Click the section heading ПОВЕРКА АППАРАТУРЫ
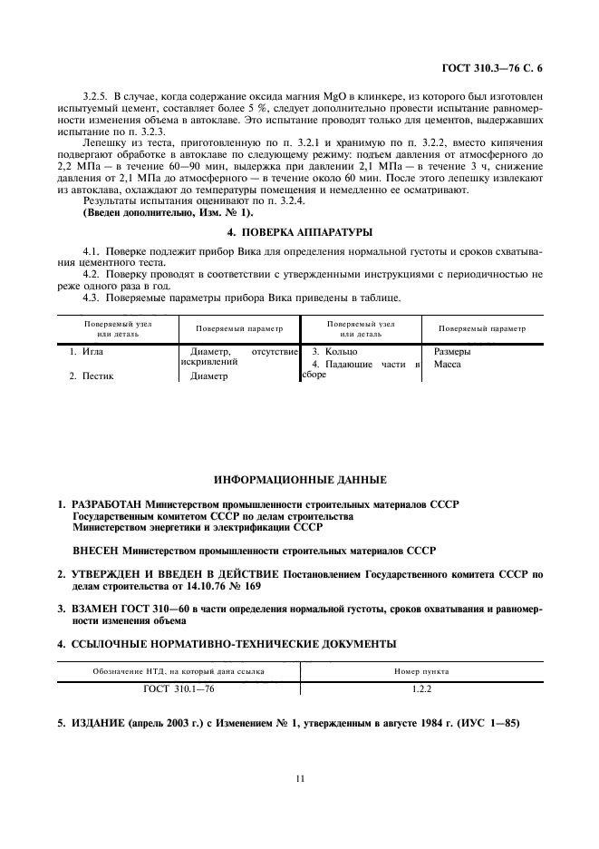click(x=299, y=232)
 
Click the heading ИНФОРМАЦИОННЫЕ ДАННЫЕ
click(x=299, y=479)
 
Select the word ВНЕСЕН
click(x=96, y=550)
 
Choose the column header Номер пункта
click(x=421, y=672)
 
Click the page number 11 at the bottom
click(x=299, y=778)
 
